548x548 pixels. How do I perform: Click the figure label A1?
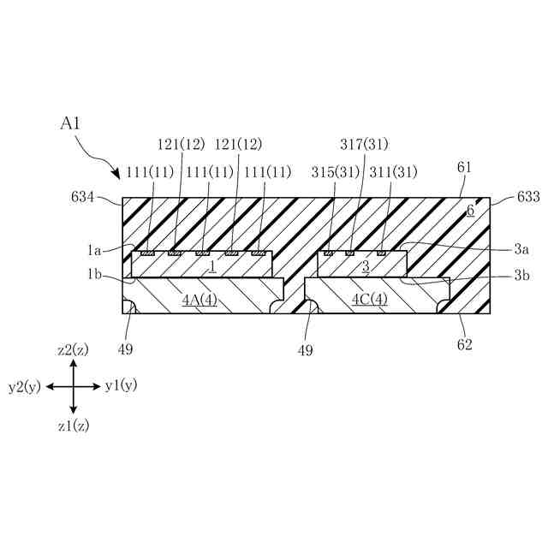[x=70, y=123]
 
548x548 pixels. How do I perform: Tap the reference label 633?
[x=528, y=197]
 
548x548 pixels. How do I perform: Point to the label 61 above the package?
[x=464, y=168]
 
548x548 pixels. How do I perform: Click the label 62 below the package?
[x=466, y=345]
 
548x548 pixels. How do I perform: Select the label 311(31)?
[x=393, y=172]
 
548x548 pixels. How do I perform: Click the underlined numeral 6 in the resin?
[x=470, y=211]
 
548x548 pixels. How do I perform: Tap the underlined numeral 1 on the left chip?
[x=211, y=266]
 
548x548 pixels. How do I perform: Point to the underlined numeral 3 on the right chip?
[x=366, y=266]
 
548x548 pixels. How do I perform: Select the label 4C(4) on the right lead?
[x=370, y=300]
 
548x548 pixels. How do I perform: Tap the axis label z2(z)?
[x=73, y=349]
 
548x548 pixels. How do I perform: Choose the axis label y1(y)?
[x=121, y=386]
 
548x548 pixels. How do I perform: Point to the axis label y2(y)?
[x=25, y=387]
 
